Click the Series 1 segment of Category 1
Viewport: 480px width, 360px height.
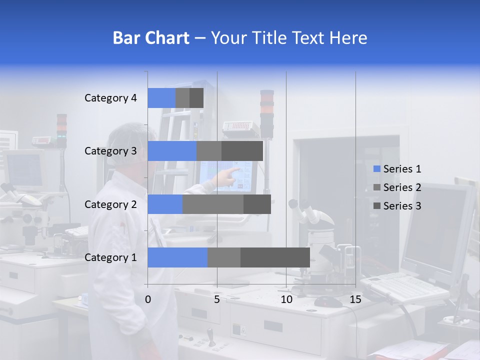coord(177,257)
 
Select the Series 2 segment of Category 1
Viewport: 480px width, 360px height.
coord(224,257)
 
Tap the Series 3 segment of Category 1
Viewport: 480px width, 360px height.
coord(275,257)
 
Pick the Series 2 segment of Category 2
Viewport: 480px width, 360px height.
coord(213,204)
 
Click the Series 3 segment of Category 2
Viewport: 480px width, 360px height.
coord(257,204)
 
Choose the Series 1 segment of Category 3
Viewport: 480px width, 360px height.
coord(172,151)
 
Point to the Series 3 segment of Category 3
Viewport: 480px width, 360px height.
coord(242,151)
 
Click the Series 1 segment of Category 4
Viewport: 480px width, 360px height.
coord(161,98)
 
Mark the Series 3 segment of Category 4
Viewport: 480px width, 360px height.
coord(196,98)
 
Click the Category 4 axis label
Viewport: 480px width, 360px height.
coord(110,98)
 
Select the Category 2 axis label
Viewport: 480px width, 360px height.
coord(110,204)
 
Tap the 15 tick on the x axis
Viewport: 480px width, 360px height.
coord(355,299)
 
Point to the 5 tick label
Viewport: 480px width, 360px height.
coord(217,299)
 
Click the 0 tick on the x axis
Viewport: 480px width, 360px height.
coord(148,299)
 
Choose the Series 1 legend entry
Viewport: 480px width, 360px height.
coord(397,169)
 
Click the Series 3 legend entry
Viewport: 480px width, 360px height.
coord(397,206)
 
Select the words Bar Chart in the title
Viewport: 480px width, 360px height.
coord(150,37)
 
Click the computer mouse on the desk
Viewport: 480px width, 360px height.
coord(328,301)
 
